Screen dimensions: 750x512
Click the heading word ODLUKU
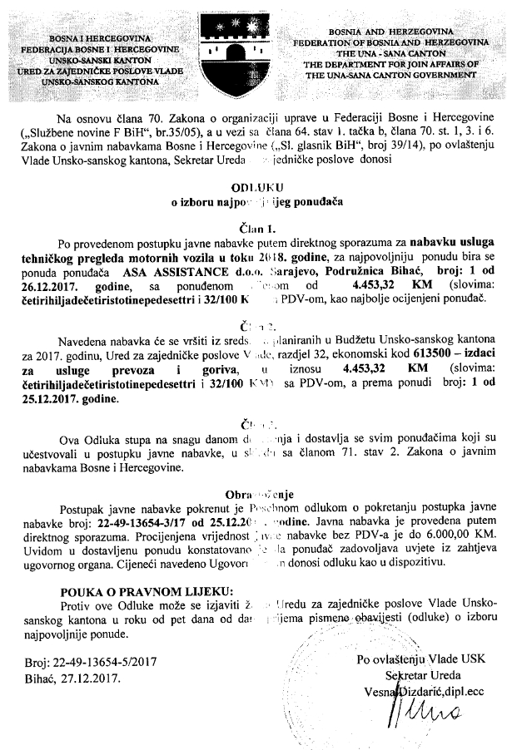coord(256,190)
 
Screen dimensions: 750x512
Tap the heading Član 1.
coord(255,225)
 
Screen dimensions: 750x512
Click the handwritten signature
coord(413,708)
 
